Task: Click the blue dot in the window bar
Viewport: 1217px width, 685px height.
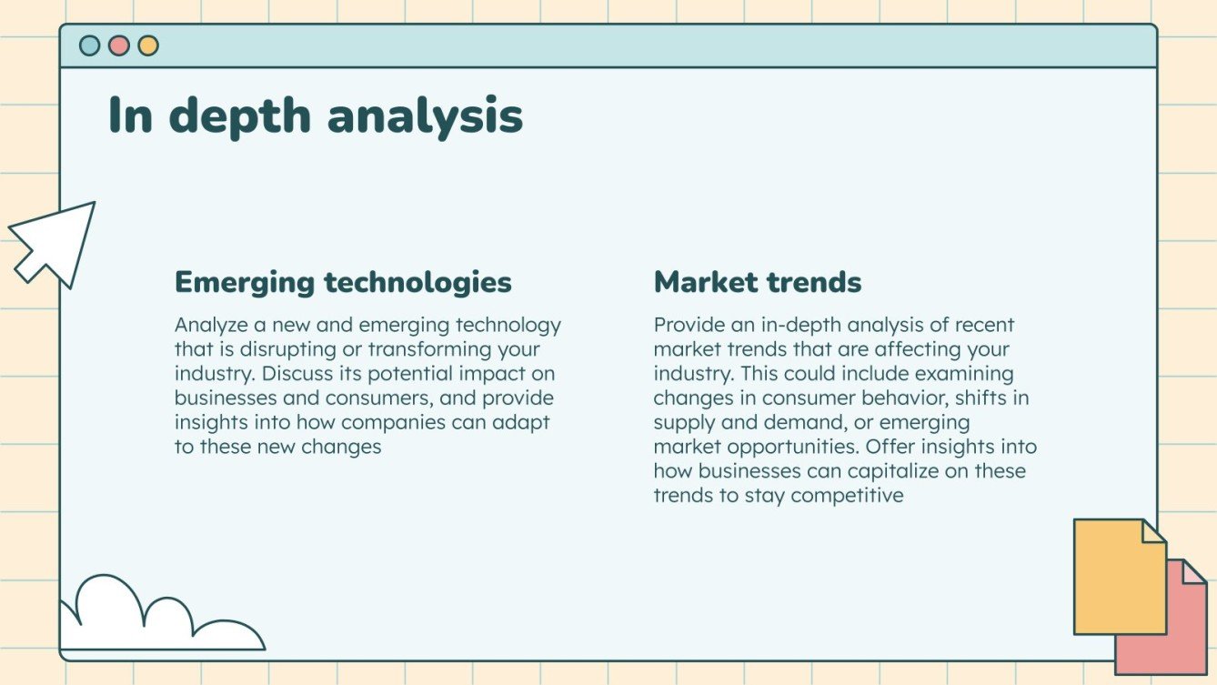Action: (90, 45)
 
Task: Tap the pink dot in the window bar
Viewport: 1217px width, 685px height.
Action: (119, 45)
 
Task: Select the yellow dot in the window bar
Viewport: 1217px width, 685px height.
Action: (148, 45)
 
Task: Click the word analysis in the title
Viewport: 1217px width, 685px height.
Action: (425, 116)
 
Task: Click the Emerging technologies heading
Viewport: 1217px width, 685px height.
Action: (343, 282)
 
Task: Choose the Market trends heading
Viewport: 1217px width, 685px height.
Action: (757, 282)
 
